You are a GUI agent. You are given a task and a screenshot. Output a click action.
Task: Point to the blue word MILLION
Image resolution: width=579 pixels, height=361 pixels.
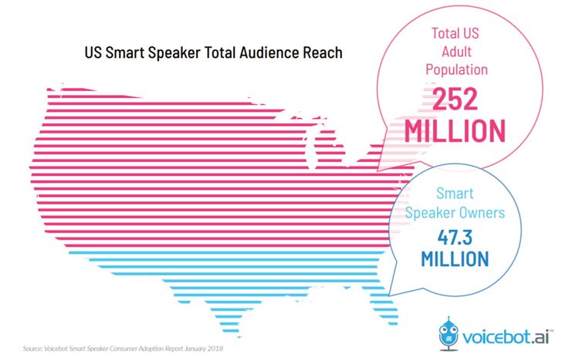coord(455,258)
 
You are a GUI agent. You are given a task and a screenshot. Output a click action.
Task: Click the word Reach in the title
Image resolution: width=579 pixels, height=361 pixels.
coord(323,54)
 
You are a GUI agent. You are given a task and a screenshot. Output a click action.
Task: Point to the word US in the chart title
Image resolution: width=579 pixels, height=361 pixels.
coord(94,54)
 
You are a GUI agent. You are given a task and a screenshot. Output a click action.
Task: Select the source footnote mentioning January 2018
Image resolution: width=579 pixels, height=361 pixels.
coord(124,348)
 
